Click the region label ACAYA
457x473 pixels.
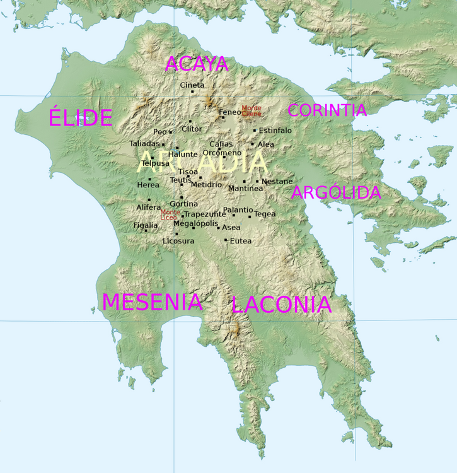tap(196, 64)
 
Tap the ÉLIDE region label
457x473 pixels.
tap(81, 118)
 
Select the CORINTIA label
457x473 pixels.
tap(327, 110)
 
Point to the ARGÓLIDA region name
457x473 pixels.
tap(336, 193)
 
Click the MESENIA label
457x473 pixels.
tap(153, 302)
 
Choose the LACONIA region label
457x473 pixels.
tap(281, 305)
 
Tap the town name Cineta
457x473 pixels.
tap(192, 85)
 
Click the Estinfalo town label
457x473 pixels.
tap(275, 131)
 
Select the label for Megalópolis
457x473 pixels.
tap(195, 223)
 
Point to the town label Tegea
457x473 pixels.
tap(265, 214)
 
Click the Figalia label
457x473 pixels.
tap(146, 225)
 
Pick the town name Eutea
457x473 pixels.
tap(241, 241)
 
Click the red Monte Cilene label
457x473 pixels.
tap(251, 111)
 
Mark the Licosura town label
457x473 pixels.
tap(178, 241)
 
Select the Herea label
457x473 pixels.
tap(148, 185)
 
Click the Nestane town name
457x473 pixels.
tap(277, 182)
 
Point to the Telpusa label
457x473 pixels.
tap(155, 163)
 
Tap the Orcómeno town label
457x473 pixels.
tap(222, 153)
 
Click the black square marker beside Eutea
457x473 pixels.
tap(226, 240)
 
